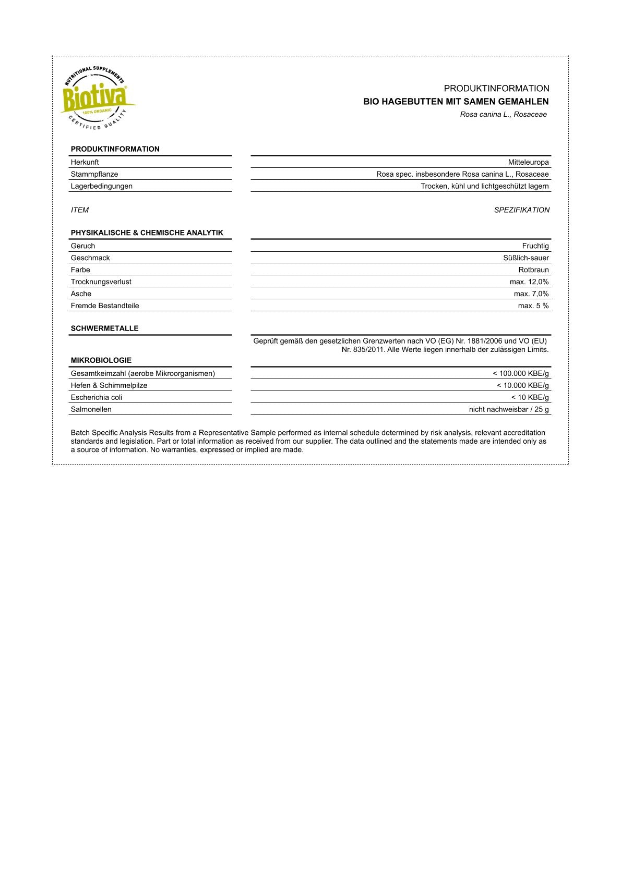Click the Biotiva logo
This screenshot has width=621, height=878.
(x=96, y=98)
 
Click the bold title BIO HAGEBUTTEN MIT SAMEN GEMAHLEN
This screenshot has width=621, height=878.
(x=456, y=102)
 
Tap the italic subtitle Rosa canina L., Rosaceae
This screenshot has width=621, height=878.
(x=503, y=115)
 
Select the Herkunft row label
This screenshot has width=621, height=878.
(x=85, y=162)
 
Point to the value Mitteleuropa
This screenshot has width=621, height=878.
(x=528, y=162)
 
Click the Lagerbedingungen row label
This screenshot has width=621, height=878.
(x=102, y=186)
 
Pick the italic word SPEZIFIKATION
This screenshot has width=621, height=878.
(x=521, y=210)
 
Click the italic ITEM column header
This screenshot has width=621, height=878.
(x=80, y=210)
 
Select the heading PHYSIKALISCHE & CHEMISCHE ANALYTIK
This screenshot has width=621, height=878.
(x=147, y=233)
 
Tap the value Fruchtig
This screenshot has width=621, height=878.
(x=535, y=246)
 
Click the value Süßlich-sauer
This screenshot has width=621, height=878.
(x=526, y=258)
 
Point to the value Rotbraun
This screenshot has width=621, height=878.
(x=533, y=270)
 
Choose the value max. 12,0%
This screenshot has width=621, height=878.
(x=529, y=282)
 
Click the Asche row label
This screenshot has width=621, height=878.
(x=81, y=294)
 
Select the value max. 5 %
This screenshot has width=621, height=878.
(x=533, y=306)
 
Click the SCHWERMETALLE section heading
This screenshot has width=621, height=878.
(x=105, y=328)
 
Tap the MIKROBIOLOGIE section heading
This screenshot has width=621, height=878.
(x=101, y=360)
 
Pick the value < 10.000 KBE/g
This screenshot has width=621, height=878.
(x=522, y=386)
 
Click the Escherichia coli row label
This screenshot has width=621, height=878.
(x=97, y=398)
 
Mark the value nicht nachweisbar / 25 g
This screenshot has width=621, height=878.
(x=509, y=410)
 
